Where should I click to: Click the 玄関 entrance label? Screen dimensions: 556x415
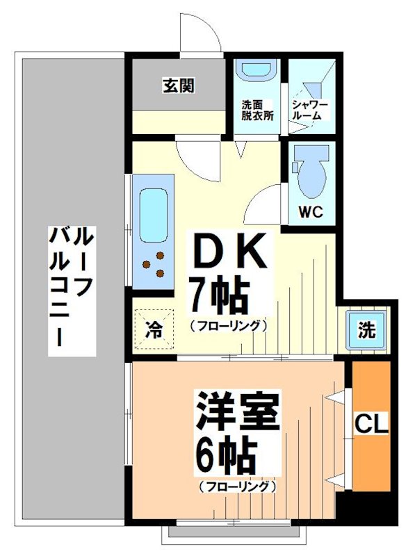pos(179,86)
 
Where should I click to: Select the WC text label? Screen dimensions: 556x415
pos(311,213)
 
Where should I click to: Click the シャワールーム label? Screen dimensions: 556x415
pos(311,110)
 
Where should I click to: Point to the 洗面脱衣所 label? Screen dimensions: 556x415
pos(257,111)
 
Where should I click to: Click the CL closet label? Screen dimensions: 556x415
pos(372,423)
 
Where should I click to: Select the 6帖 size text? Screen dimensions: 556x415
pos(226,455)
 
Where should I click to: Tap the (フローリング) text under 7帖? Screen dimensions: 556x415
pos(227,325)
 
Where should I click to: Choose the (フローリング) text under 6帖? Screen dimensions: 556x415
pos(236,486)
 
